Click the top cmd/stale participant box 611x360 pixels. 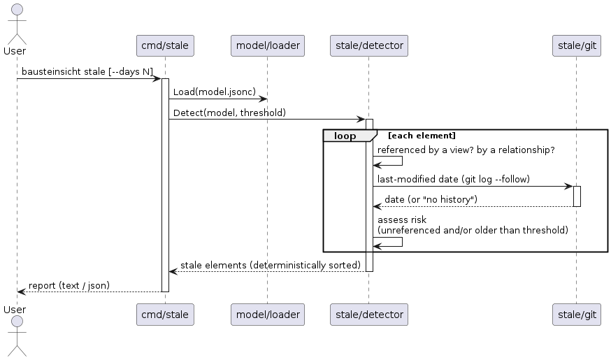(x=165, y=45)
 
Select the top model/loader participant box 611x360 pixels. (x=268, y=45)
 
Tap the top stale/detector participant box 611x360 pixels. (x=369, y=45)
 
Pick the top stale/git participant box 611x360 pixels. (x=577, y=45)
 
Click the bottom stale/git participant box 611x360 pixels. (x=577, y=315)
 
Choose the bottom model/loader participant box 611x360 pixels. (x=268, y=315)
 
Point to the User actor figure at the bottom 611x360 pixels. (x=17, y=336)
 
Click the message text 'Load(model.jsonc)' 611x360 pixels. (x=215, y=92)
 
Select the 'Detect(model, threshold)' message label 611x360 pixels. (x=229, y=113)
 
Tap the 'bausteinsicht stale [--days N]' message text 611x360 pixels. (x=87, y=72)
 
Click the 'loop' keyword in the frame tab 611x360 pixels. (x=345, y=136)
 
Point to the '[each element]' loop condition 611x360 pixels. (x=422, y=136)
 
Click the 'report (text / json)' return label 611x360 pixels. (x=69, y=286)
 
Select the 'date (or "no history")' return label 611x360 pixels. (x=431, y=199)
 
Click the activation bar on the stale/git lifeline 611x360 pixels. (x=577, y=196)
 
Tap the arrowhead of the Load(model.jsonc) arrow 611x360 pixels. (x=264, y=99)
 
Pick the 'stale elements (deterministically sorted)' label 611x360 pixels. (x=271, y=266)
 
